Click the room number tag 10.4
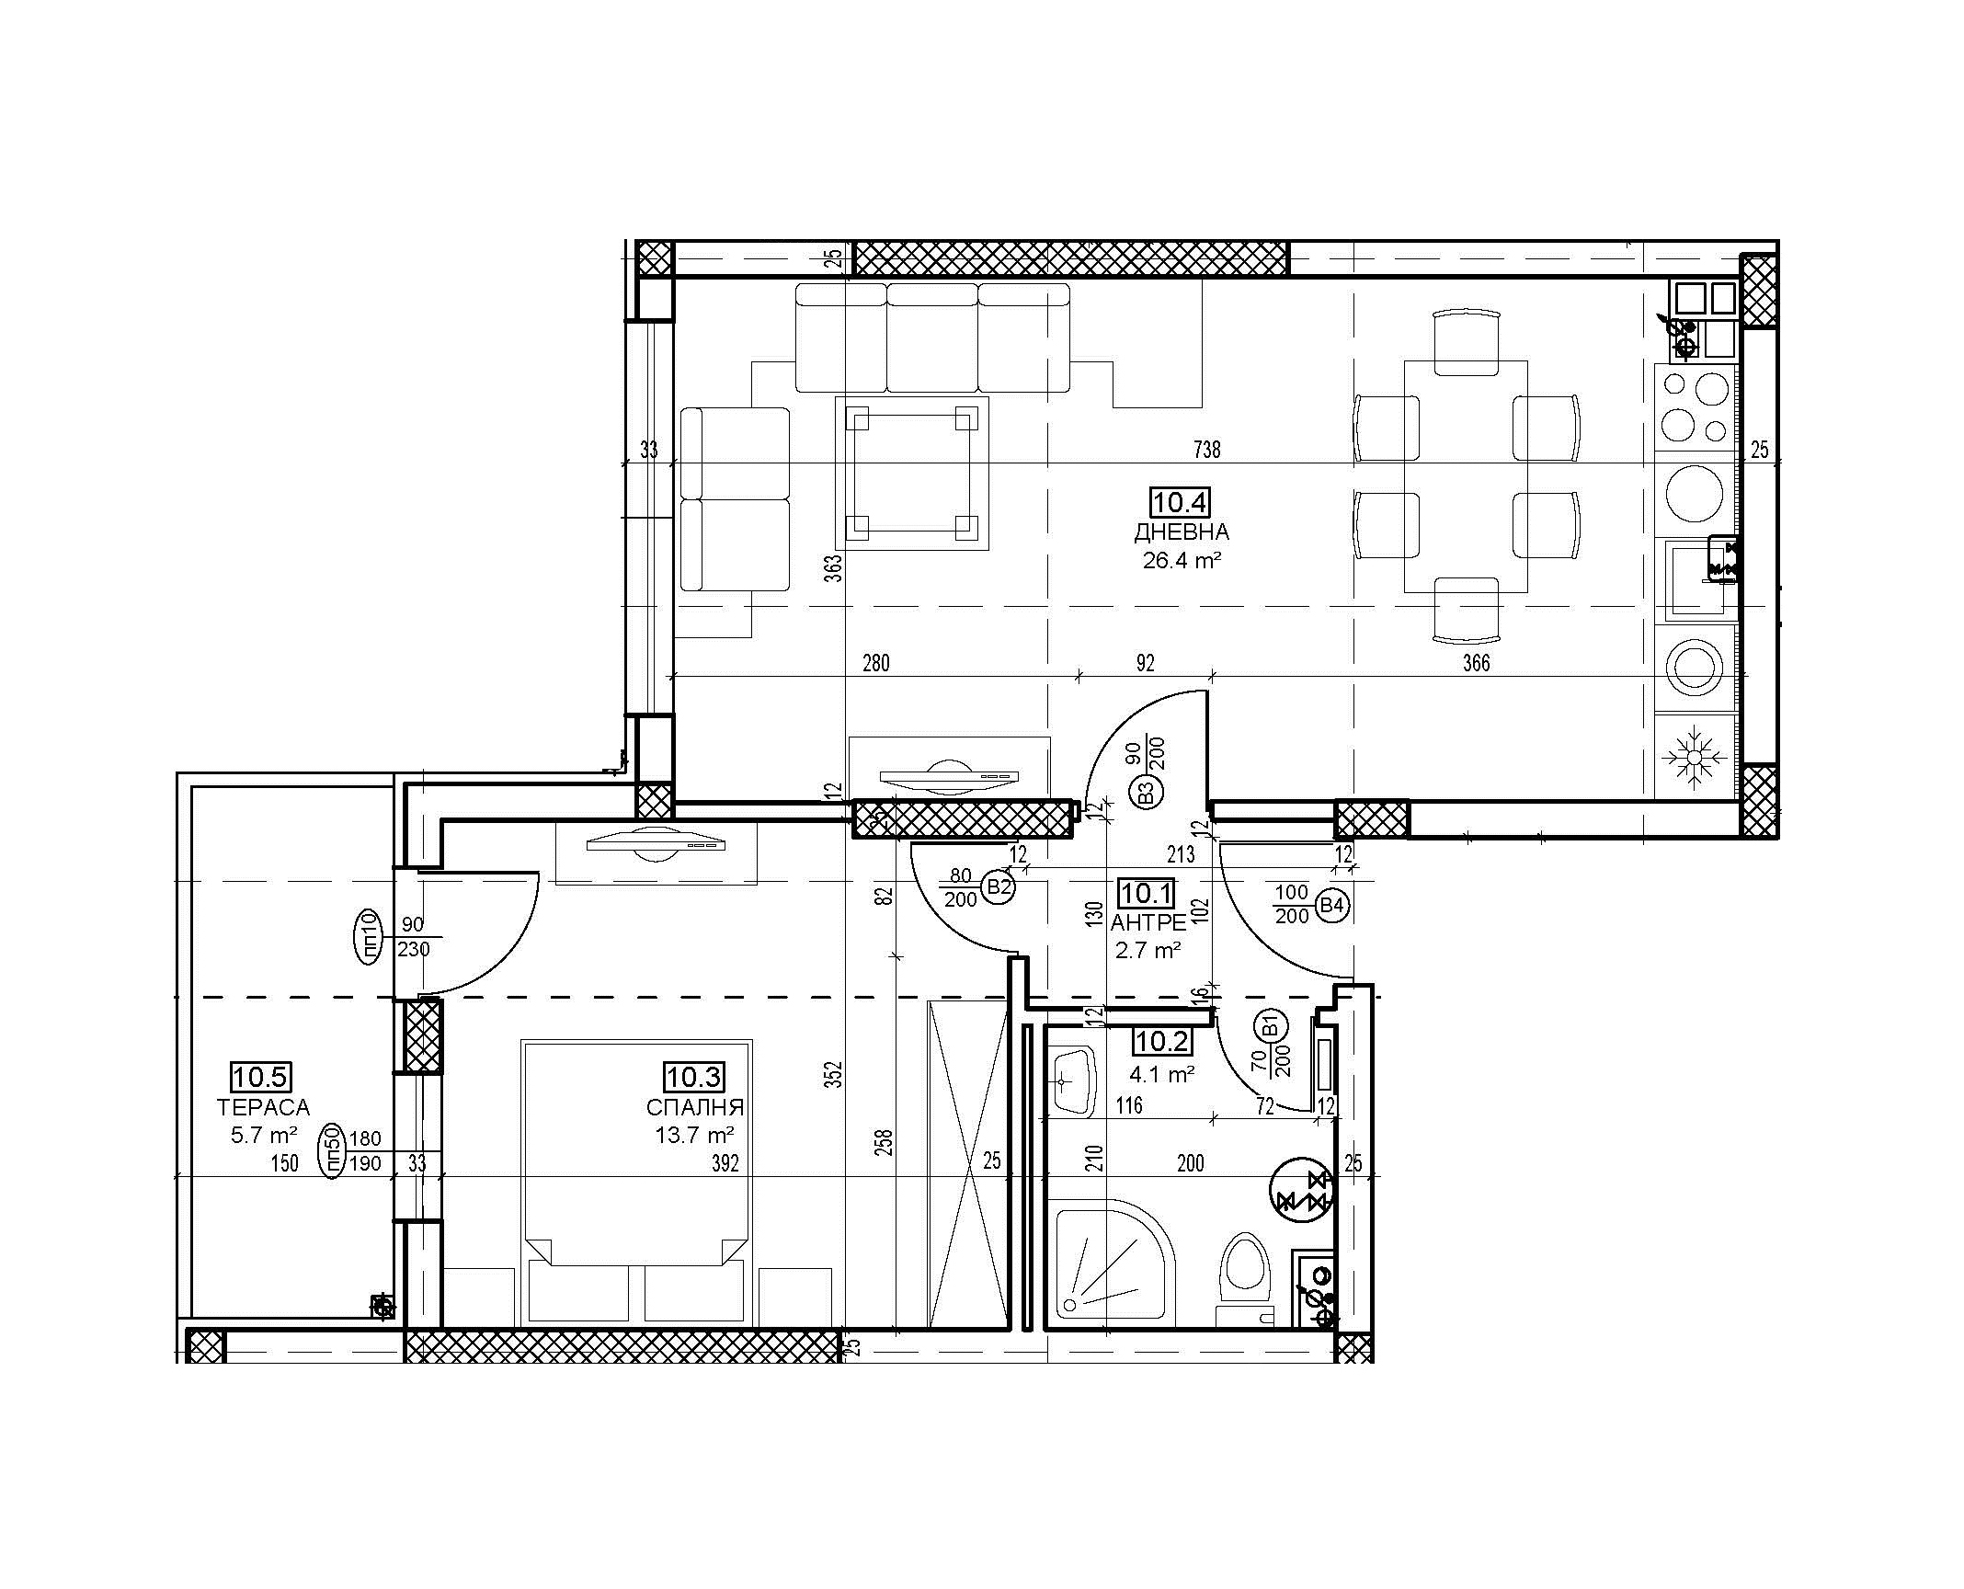point(1180,503)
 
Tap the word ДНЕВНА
point(1182,532)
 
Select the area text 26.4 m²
point(1182,560)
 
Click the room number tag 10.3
point(694,1076)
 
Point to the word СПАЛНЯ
point(694,1107)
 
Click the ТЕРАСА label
point(263,1107)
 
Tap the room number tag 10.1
point(1146,892)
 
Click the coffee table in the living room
point(911,473)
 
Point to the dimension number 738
point(1206,450)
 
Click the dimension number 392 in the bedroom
point(725,1164)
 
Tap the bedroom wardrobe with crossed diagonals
point(968,1164)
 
